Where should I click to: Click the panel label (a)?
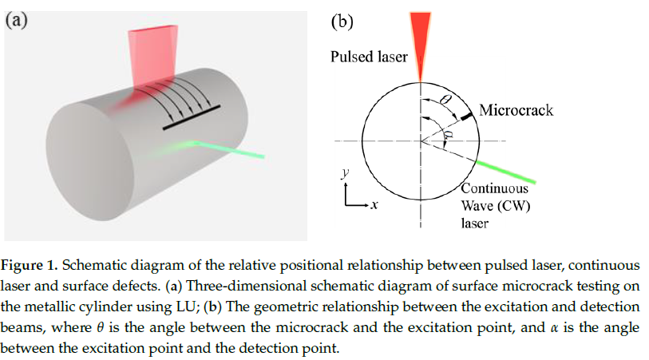click(18, 21)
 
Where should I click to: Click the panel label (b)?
click(342, 22)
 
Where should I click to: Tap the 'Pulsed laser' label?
click(369, 57)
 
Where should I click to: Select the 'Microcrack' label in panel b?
click(516, 109)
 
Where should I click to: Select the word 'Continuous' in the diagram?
click(494, 190)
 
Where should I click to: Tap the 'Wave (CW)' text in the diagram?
click(494, 207)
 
